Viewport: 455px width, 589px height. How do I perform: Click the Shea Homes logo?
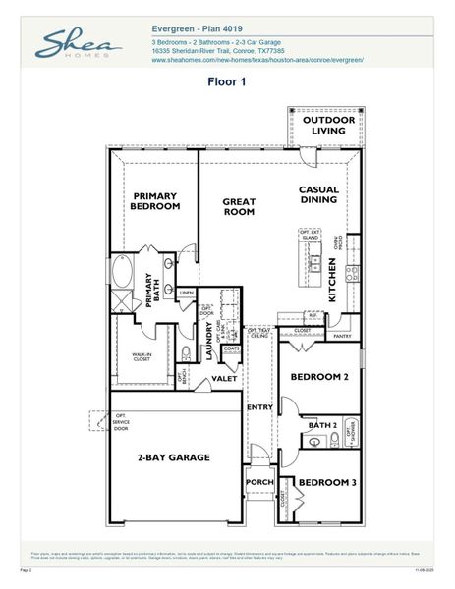point(78,44)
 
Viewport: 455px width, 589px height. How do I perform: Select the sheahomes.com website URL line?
point(257,60)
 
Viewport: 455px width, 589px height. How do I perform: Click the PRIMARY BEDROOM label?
point(156,201)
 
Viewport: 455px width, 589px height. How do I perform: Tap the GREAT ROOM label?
point(238,206)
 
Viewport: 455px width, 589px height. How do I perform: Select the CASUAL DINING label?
point(318,195)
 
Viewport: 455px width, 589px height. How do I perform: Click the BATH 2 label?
point(322,425)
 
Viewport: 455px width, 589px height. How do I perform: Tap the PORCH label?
point(259,482)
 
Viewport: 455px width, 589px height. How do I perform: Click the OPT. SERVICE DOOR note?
point(121,422)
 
